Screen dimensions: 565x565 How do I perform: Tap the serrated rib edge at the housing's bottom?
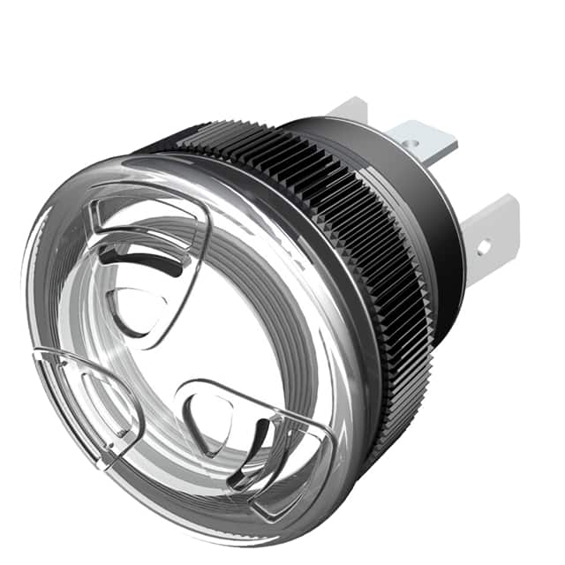(x=388, y=424)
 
